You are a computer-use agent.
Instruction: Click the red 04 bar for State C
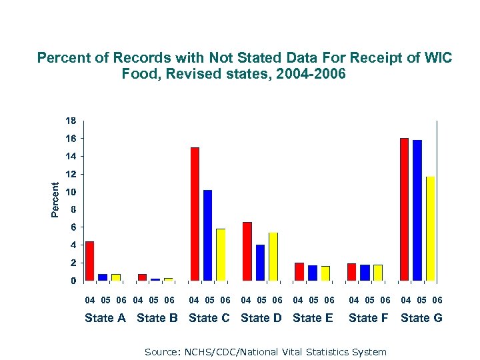[x=195, y=213]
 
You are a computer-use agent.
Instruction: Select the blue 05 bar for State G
[x=417, y=210]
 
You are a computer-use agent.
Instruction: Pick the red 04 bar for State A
[x=89, y=261]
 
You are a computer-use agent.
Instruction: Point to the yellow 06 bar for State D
[x=272, y=256]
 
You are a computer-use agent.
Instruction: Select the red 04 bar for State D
[x=247, y=251]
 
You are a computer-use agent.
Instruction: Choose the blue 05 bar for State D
[x=260, y=262]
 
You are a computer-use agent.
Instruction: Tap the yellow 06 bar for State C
[x=221, y=254]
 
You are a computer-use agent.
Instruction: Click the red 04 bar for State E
[x=299, y=271]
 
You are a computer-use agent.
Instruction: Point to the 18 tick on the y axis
[x=70, y=121]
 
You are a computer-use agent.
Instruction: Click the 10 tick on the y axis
[x=70, y=192]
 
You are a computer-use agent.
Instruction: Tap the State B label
[x=157, y=318]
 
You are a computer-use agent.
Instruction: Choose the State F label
[x=368, y=318]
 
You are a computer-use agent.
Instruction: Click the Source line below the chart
[x=265, y=351]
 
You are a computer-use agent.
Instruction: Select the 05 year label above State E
[x=313, y=301]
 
